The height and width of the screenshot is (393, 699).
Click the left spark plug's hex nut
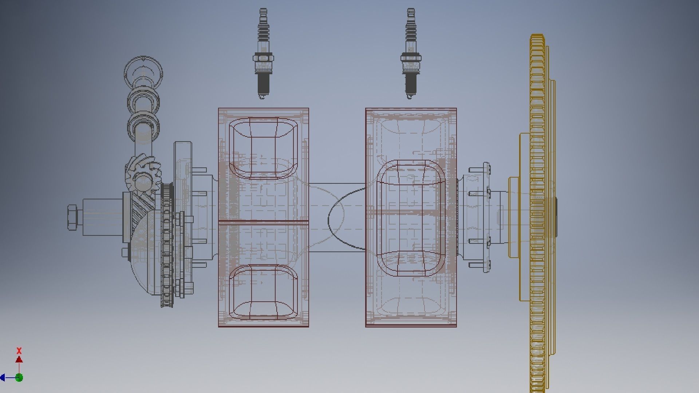click(x=263, y=58)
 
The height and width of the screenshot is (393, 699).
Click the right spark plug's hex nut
click(x=411, y=58)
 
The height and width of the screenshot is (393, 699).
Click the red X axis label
click(x=19, y=351)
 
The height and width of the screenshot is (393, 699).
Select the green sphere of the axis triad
click(x=19, y=377)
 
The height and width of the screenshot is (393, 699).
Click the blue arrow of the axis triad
click(x=3, y=377)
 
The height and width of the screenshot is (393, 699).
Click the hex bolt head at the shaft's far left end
click(x=72, y=217)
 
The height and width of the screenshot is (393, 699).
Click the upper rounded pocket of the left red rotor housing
click(x=263, y=147)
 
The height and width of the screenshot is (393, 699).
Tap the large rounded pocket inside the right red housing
click(x=411, y=217)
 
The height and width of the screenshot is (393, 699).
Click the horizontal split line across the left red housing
click(x=263, y=221)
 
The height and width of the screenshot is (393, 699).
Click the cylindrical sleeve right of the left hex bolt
click(x=102, y=217)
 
